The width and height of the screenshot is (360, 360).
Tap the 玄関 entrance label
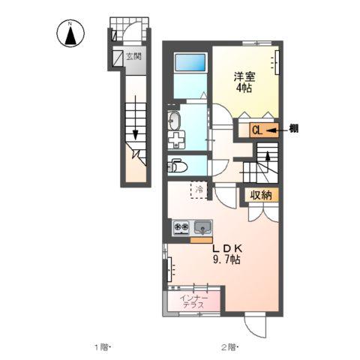coord(133,56)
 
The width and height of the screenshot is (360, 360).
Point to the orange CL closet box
coord(256,129)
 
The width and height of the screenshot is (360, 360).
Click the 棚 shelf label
coord(294,129)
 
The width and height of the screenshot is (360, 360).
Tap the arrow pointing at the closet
coord(275,129)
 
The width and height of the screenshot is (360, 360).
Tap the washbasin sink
coord(173,120)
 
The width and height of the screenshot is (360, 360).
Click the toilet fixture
coord(174,165)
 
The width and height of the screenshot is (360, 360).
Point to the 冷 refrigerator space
coord(200,190)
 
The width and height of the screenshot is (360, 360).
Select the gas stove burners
coord(181,227)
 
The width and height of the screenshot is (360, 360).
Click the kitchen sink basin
coord(202,227)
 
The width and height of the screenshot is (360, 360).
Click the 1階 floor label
coord(102,346)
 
